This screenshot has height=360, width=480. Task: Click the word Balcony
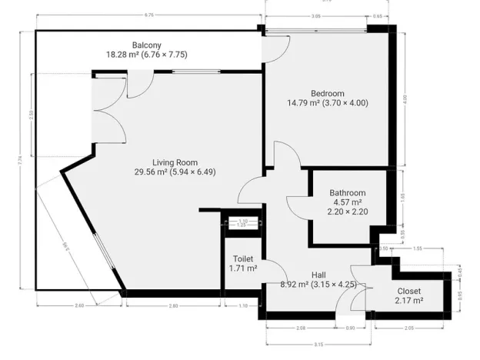click(146, 45)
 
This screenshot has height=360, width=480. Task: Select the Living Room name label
click(175, 162)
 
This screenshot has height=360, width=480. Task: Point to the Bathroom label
click(347, 193)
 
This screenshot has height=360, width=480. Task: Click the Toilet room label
click(242, 259)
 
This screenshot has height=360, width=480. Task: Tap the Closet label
click(408, 291)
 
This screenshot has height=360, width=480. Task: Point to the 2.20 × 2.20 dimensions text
click(347, 212)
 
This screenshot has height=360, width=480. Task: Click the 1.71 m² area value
click(242, 269)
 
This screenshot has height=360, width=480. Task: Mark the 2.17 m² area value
click(408, 301)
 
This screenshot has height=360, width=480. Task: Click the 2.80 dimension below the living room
click(174, 306)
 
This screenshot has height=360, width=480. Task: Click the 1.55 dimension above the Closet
click(418, 249)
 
